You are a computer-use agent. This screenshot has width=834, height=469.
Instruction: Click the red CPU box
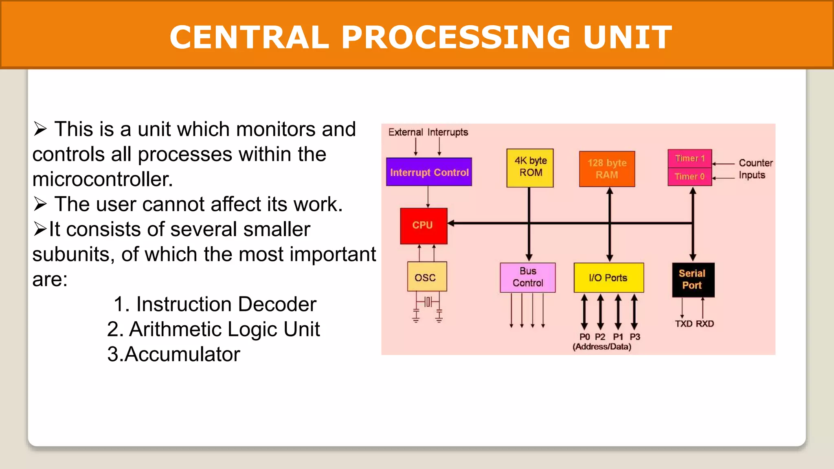click(424, 226)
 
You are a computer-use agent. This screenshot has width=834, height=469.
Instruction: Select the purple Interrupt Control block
click(429, 172)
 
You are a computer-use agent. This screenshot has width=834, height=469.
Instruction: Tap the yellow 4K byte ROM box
click(530, 168)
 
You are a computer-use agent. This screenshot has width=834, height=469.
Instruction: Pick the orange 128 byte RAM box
click(607, 169)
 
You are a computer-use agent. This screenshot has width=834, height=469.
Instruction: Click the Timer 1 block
click(689, 158)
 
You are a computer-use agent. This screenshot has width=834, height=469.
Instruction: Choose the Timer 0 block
click(689, 177)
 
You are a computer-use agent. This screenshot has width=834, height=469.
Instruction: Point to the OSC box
click(427, 277)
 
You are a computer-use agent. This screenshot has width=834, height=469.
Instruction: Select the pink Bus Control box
click(527, 277)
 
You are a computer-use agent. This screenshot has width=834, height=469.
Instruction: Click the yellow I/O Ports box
click(608, 278)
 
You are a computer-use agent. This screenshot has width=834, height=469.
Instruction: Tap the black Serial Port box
click(693, 280)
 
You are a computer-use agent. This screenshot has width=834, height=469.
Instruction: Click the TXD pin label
click(684, 324)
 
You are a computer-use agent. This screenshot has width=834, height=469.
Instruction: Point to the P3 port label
click(635, 337)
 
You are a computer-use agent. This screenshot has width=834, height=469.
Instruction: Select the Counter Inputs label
click(755, 169)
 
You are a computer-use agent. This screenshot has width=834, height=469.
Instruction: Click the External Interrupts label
click(428, 132)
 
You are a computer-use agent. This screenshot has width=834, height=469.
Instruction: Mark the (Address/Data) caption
click(602, 347)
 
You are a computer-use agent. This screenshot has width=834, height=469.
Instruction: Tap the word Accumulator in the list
click(182, 354)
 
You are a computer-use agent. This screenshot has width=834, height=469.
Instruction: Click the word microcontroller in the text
click(103, 180)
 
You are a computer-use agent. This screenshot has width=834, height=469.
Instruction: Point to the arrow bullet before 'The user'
click(40, 204)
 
